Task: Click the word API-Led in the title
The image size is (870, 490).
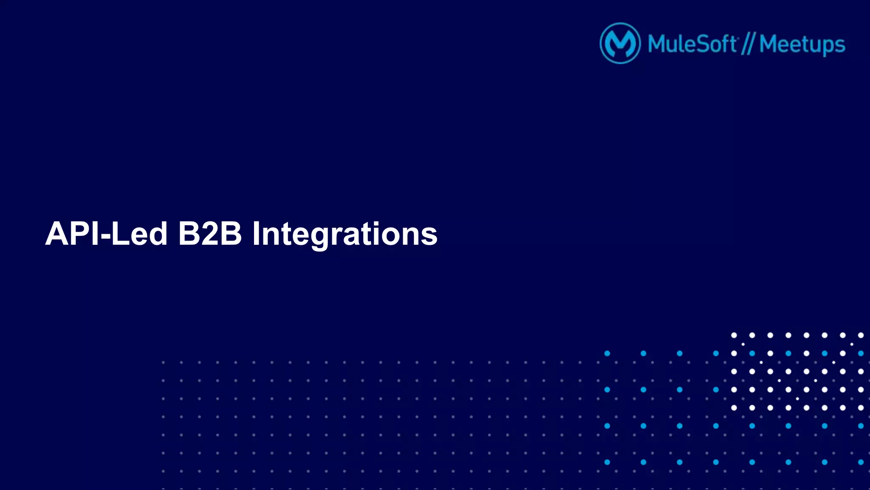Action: (x=106, y=234)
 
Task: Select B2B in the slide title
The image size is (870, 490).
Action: (x=210, y=234)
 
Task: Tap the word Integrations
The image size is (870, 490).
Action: (x=345, y=235)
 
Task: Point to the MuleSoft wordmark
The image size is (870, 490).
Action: (x=692, y=44)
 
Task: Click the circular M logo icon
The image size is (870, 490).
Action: (x=620, y=43)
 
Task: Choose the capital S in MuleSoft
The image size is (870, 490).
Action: (x=702, y=44)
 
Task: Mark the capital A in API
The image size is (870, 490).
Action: (x=58, y=234)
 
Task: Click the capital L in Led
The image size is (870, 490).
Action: (x=120, y=234)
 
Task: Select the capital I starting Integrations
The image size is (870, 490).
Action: (x=256, y=234)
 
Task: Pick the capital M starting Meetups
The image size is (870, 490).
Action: (x=770, y=44)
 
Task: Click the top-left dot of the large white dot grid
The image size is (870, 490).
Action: (x=734, y=335)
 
